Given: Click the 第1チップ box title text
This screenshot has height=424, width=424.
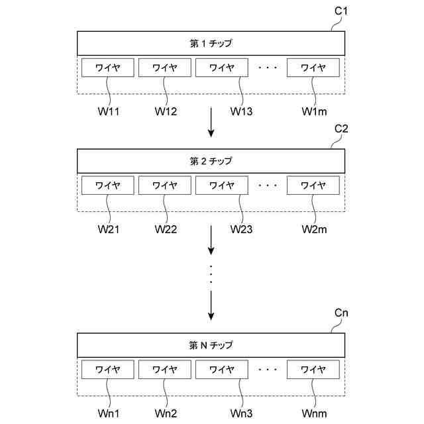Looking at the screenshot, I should pyautogui.click(x=211, y=44).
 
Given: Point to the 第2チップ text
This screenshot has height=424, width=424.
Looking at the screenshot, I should pyautogui.click(x=211, y=161).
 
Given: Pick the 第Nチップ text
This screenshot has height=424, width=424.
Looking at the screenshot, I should pyautogui.click(x=211, y=345).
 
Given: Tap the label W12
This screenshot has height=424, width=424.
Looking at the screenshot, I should pyautogui.click(x=166, y=111).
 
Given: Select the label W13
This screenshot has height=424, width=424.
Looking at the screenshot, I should pyautogui.click(x=241, y=111).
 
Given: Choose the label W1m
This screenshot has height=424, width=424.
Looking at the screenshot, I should pyautogui.click(x=314, y=111).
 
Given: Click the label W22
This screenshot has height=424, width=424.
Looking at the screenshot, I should pyautogui.click(x=166, y=229).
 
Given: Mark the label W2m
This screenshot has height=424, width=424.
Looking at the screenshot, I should pyautogui.click(x=314, y=229).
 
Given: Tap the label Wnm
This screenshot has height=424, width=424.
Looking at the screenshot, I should pyautogui.click(x=314, y=413).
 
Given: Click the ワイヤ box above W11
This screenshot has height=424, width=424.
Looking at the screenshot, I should pyautogui.click(x=107, y=68).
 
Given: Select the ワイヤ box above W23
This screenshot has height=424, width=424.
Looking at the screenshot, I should pyautogui.click(x=222, y=185).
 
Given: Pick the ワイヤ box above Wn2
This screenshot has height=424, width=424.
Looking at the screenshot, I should pyautogui.click(x=165, y=370).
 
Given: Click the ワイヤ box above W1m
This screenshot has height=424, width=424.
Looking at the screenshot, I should pyautogui.click(x=313, y=68).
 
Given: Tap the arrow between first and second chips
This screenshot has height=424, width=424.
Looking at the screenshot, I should pyautogui.click(x=211, y=125).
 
